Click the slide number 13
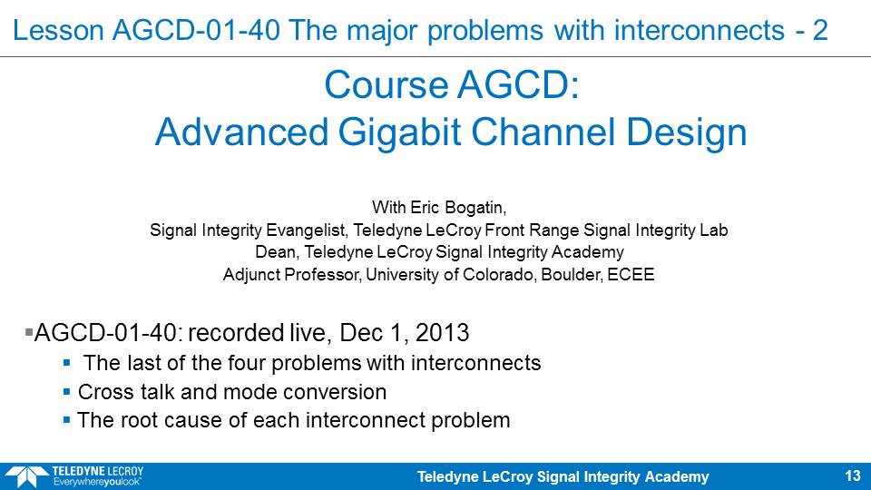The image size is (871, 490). pyautogui.click(x=853, y=475)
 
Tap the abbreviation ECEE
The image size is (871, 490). pyautogui.click(x=631, y=274)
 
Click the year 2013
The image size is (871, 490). pyautogui.click(x=442, y=332)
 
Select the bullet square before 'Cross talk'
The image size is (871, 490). pyautogui.click(x=66, y=392)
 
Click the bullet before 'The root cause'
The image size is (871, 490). pyautogui.click(x=66, y=420)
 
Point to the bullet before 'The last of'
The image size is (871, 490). pyautogui.click(x=66, y=363)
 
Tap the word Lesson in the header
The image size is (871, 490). pyautogui.click(x=58, y=29)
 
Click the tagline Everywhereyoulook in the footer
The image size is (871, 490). pyautogui.click(x=97, y=482)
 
